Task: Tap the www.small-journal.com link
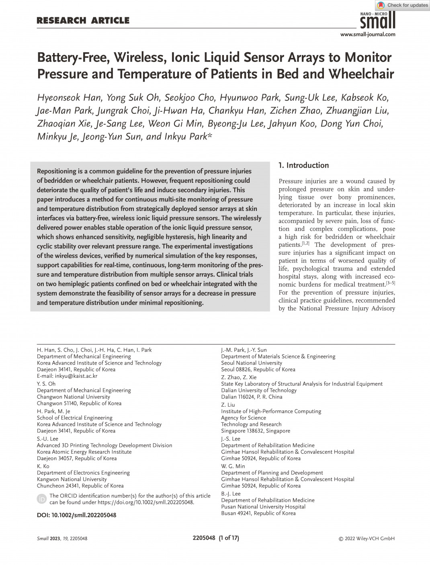coord(368,35)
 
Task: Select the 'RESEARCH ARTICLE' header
coord(83,20)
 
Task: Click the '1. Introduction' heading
coord(303,165)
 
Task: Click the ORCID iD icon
coord(41,499)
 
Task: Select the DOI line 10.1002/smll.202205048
coord(77,515)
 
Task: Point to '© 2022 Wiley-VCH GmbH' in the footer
coord(367,538)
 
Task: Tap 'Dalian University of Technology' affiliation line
coord(259,390)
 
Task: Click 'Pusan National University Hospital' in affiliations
coord(263,507)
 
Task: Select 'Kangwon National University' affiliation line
coord(72,479)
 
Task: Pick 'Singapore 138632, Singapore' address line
coord(256,431)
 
